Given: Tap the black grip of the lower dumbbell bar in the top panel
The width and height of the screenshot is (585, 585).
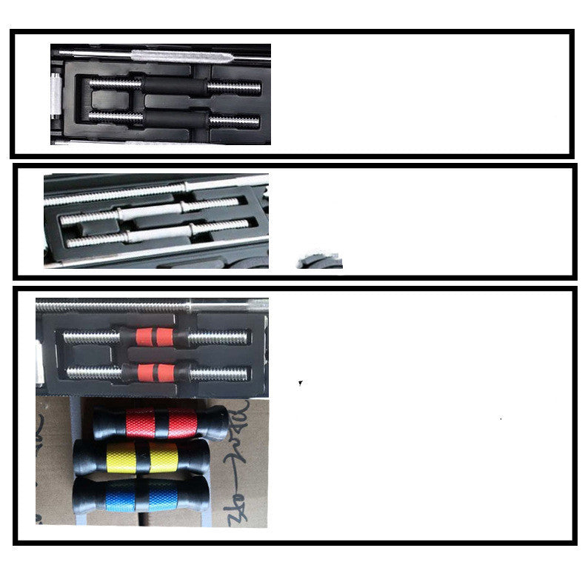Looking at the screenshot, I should (175, 118).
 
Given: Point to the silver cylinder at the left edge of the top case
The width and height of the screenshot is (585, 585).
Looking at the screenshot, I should (54, 96).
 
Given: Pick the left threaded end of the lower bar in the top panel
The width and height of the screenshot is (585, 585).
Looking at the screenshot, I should (116, 116).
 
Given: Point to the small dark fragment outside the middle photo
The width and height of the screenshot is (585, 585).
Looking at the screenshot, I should (320, 261).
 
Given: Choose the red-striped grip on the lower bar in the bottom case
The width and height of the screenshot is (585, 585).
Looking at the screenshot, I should (154, 372).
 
